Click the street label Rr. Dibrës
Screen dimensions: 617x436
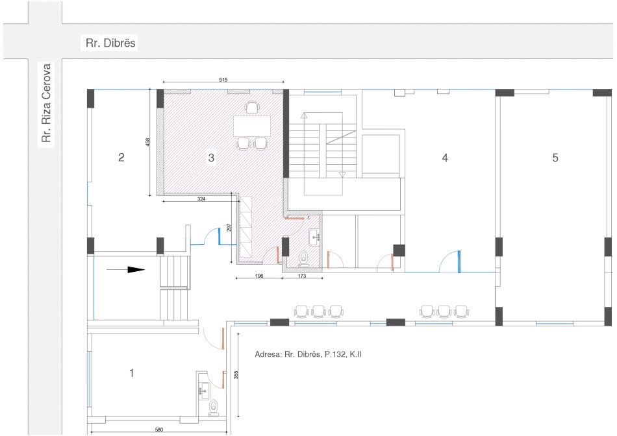pyautogui.click(x=110, y=42)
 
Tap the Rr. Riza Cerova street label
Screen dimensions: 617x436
pyautogui.click(x=47, y=103)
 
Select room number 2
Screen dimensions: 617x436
pyautogui.click(x=121, y=157)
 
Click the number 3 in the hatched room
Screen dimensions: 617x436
pyautogui.click(x=211, y=158)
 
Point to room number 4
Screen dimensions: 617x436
pyautogui.click(x=445, y=158)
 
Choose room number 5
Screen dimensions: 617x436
pyautogui.click(x=555, y=158)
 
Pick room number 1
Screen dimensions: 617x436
pyautogui.click(x=132, y=372)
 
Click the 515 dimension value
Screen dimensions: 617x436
pyautogui.click(x=223, y=80)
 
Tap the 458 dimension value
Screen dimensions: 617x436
pyautogui.click(x=147, y=142)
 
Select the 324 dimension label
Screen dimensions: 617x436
pyautogui.click(x=201, y=199)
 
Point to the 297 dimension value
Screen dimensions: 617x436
pyautogui.click(x=229, y=228)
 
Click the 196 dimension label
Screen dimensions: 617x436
pyautogui.click(x=259, y=276)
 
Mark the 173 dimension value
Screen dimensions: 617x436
pyautogui.click(x=302, y=276)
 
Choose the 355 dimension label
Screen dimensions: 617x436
pyautogui.click(x=236, y=374)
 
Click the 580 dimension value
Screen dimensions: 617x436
pyautogui.click(x=158, y=430)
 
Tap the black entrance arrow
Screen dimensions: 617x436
pyautogui.click(x=126, y=270)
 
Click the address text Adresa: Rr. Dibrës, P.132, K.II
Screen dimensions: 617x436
pyautogui.click(x=308, y=354)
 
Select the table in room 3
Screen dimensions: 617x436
pyautogui.click(x=252, y=126)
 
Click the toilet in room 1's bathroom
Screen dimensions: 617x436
pyautogui.click(x=214, y=407)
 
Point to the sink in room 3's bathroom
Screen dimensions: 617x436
pyautogui.click(x=314, y=237)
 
